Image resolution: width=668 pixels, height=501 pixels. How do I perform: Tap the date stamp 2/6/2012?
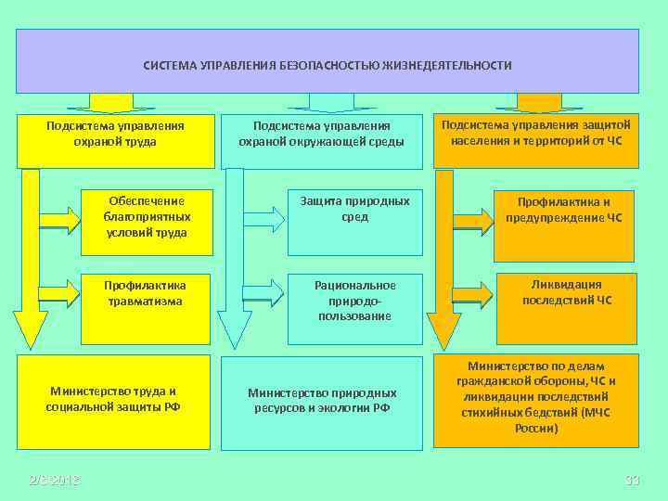[x=54, y=479]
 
